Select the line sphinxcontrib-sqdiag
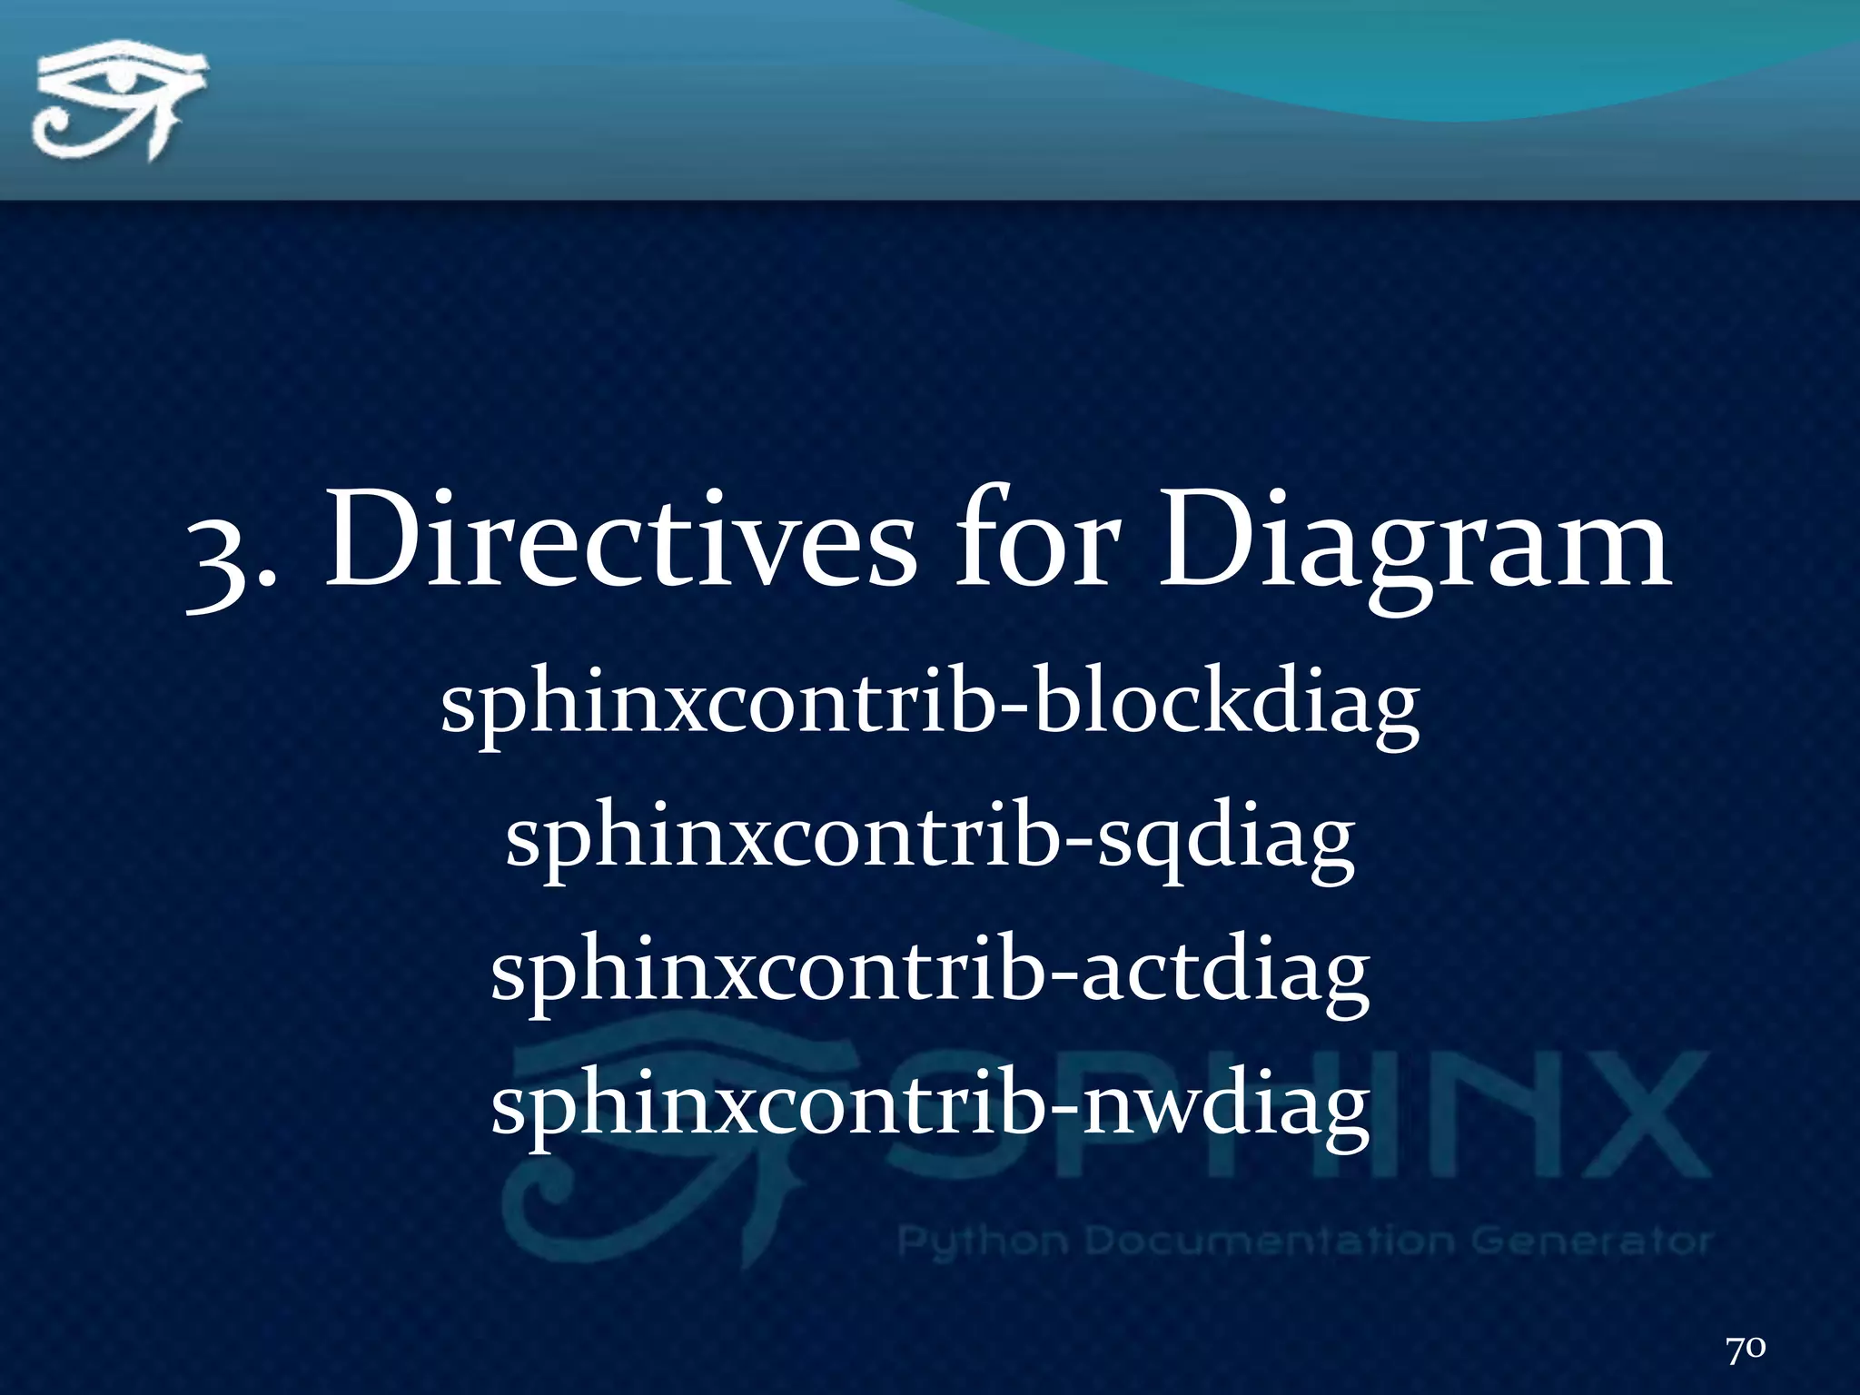(930, 841)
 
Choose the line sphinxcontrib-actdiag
(930, 972)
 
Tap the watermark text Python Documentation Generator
(1304, 1241)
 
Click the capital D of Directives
(372, 541)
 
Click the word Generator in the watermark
(1589, 1241)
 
